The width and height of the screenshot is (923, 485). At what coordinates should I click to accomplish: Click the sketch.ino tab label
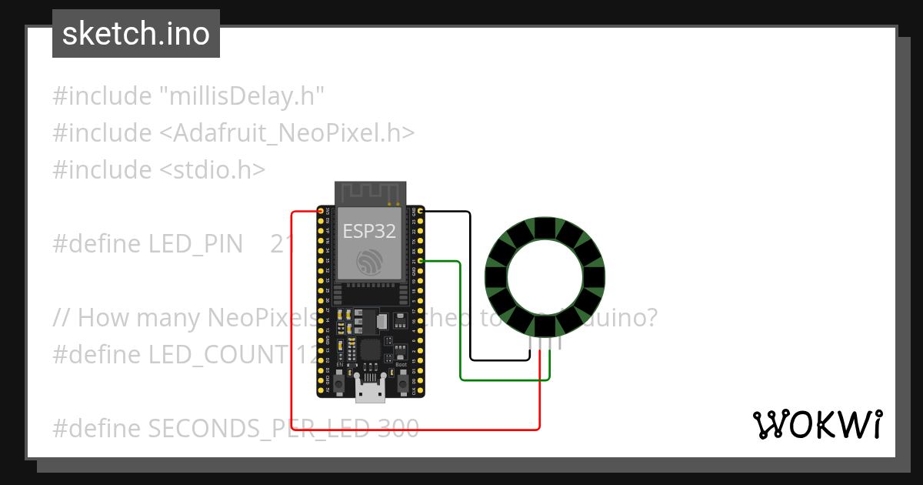click(x=135, y=34)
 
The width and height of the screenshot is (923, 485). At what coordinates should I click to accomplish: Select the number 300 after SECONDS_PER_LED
click(x=398, y=427)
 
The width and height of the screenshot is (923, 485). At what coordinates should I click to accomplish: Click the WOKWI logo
click(x=817, y=425)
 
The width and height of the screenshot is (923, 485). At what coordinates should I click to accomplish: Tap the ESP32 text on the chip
click(x=369, y=232)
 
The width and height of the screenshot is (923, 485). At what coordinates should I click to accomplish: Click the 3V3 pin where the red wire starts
click(x=321, y=211)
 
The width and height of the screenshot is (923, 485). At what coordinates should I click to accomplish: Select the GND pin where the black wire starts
click(x=420, y=211)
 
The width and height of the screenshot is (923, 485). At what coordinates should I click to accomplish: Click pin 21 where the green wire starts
click(x=420, y=262)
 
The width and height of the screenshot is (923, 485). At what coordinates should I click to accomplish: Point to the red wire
click(x=292, y=323)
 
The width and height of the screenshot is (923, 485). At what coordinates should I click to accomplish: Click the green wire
click(x=460, y=323)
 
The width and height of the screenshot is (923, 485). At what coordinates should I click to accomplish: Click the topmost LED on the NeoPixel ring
click(x=545, y=229)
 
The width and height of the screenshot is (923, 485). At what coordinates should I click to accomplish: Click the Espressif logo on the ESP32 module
click(x=369, y=263)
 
